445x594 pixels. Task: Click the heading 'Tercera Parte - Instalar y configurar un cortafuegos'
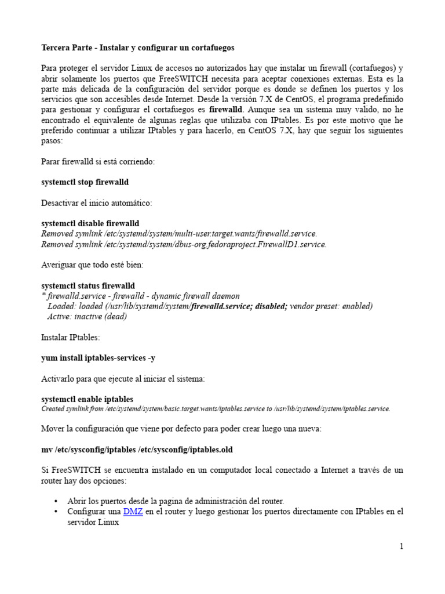(x=138, y=47)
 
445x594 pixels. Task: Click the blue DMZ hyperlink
(x=133, y=512)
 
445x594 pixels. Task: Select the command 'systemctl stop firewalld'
(x=85, y=182)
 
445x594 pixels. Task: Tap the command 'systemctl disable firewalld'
(x=90, y=223)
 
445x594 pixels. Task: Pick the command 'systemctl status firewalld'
(x=88, y=285)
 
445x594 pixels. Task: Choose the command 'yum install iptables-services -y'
(x=98, y=358)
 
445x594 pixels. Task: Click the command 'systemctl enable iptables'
(x=87, y=399)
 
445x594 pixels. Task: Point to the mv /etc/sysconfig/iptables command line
(x=137, y=450)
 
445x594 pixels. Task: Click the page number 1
(x=400, y=546)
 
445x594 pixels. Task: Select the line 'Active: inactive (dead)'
(x=87, y=317)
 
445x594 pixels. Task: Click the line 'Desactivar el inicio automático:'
(x=97, y=203)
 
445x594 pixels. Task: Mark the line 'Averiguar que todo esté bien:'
(x=92, y=265)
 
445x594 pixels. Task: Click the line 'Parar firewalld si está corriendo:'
(x=98, y=162)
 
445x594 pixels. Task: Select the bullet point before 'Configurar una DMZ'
(x=56, y=512)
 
